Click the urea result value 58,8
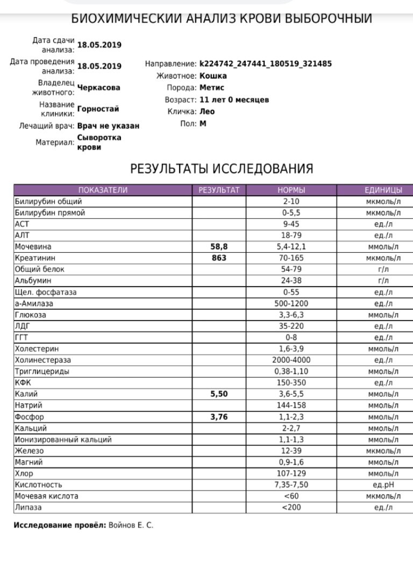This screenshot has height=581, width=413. [x=219, y=247]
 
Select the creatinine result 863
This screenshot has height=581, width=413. [x=219, y=258]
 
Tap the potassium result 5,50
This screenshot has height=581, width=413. [x=219, y=394]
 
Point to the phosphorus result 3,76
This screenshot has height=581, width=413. [x=219, y=417]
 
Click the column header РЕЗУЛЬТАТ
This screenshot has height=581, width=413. [x=219, y=190]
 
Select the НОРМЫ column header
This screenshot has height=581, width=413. [x=291, y=190]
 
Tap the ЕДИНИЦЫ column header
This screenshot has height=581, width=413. [x=383, y=190]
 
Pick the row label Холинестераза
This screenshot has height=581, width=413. [x=42, y=360]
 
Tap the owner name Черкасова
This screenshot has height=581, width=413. [x=99, y=88]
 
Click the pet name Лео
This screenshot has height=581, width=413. [x=207, y=112]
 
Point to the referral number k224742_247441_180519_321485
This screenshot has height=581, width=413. [x=266, y=64]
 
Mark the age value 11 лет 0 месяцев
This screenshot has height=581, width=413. [x=234, y=100]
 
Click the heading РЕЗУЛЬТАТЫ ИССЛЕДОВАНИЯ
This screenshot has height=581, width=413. [x=222, y=169]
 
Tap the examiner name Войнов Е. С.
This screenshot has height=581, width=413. [x=131, y=526]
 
